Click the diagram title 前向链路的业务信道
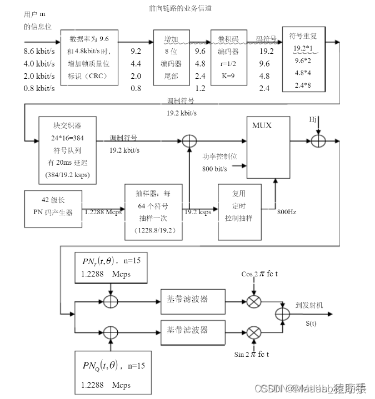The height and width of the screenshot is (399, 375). click(181, 8)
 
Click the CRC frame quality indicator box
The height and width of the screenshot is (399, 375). click(89, 57)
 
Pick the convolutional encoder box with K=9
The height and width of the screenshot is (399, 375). click(228, 57)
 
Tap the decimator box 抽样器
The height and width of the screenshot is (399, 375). click(153, 211)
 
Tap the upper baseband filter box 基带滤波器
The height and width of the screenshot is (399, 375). click(192, 299)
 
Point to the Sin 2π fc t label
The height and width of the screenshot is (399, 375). click(253, 354)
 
